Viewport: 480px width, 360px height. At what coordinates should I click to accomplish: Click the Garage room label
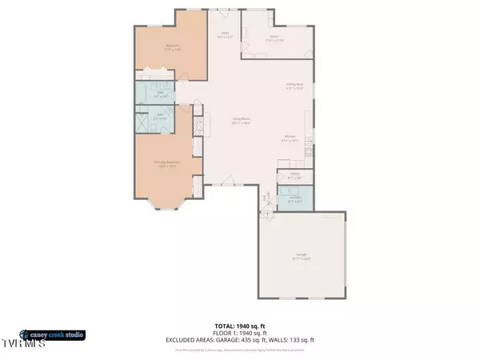coord(301,257)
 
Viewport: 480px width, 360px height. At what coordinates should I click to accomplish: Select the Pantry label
coord(294,174)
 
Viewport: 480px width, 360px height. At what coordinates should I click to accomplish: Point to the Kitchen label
coord(290,138)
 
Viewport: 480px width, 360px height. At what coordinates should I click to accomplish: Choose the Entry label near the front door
coord(224,35)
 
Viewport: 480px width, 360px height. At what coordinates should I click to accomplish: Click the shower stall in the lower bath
coord(144,126)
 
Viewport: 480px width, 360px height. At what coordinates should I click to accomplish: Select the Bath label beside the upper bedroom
coord(160,94)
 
